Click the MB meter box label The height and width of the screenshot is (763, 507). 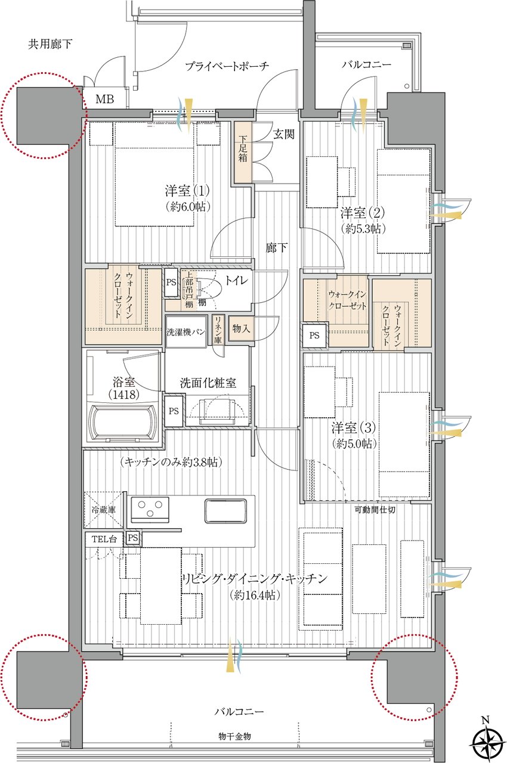(x=104, y=99)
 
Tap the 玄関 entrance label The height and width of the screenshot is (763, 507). (x=283, y=134)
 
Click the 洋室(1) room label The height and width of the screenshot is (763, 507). (x=187, y=191)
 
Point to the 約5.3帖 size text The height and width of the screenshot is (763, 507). (x=363, y=228)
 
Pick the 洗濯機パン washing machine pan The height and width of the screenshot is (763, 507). (x=186, y=331)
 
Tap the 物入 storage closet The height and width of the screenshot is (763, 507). (x=241, y=328)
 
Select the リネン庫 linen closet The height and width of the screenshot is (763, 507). (x=218, y=330)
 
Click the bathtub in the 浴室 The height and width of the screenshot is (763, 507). (x=124, y=423)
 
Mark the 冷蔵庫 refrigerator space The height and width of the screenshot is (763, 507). (x=104, y=510)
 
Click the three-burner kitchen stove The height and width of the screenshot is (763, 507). (x=150, y=510)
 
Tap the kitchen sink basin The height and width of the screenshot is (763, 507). (x=225, y=511)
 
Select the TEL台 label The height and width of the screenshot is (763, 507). (x=104, y=539)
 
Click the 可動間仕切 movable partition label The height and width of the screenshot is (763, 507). (x=375, y=510)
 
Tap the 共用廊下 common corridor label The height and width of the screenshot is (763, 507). (x=50, y=44)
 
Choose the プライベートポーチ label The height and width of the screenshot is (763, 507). (x=227, y=66)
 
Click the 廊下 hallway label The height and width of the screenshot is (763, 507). (x=276, y=247)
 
